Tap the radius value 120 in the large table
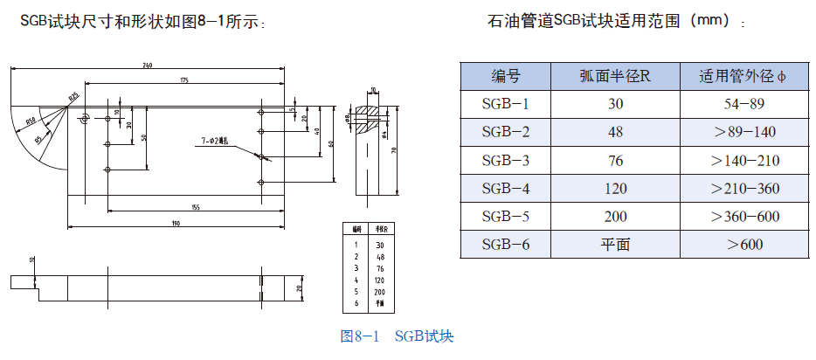pyautogui.click(x=615, y=188)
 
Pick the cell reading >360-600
pyautogui.click(x=744, y=216)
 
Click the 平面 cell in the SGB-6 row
pyautogui.click(x=615, y=244)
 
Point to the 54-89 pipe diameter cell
pyautogui.click(x=744, y=104)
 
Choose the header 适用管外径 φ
pyautogui.click(x=744, y=76)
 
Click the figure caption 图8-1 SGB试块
pyautogui.click(x=397, y=336)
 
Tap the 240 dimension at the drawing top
pyautogui.click(x=147, y=66)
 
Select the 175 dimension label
pyautogui.click(x=184, y=80)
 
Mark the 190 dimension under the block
pyautogui.click(x=175, y=224)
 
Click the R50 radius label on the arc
pyautogui.click(x=31, y=121)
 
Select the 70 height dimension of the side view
pyautogui.click(x=395, y=150)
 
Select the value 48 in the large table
pyautogui.click(x=615, y=132)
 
